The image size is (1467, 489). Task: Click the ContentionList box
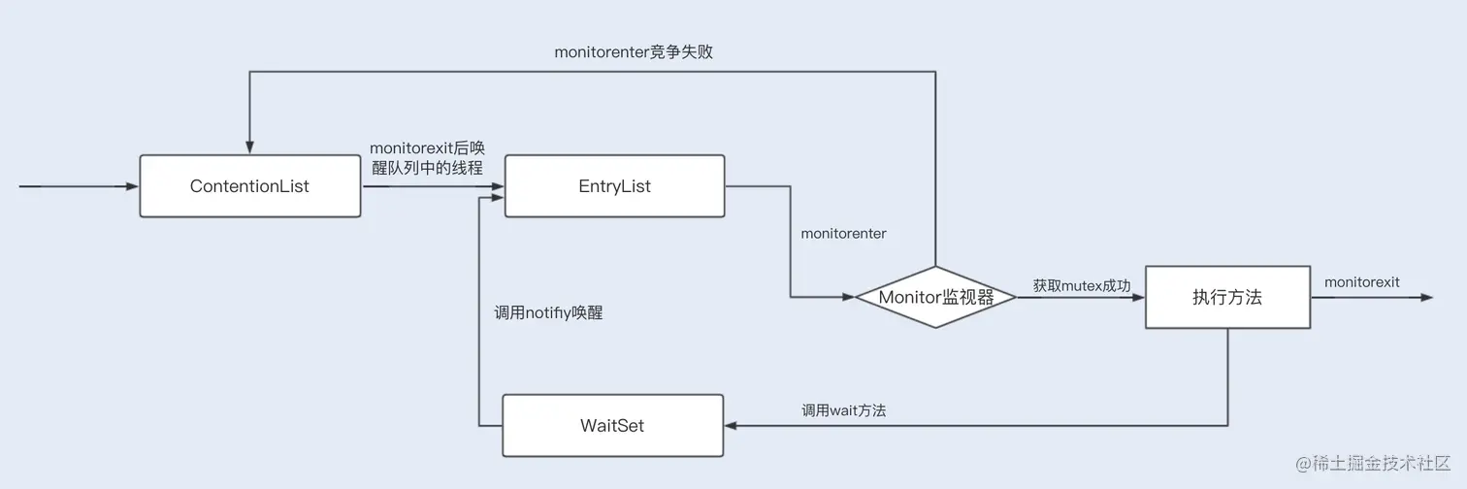(250, 185)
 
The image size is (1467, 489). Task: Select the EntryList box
(614, 185)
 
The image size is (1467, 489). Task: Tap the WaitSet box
(612, 425)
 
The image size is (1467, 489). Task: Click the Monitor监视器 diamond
(935, 297)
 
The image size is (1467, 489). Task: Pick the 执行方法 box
(1227, 298)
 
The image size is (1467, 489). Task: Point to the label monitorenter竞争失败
(634, 52)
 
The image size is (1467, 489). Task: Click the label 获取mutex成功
(1081, 285)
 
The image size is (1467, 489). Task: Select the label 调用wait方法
(843, 410)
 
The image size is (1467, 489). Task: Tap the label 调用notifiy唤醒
(548, 313)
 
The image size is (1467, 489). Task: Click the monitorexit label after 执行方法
(1361, 282)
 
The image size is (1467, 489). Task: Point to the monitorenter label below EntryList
(843, 234)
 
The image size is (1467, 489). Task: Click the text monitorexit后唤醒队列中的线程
(427, 157)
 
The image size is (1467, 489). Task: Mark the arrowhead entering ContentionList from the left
(133, 185)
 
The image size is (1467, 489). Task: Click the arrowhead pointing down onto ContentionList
(250, 147)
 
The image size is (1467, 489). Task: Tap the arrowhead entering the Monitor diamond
(848, 297)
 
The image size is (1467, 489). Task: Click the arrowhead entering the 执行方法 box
(1139, 297)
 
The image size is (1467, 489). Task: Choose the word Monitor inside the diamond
(910, 297)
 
